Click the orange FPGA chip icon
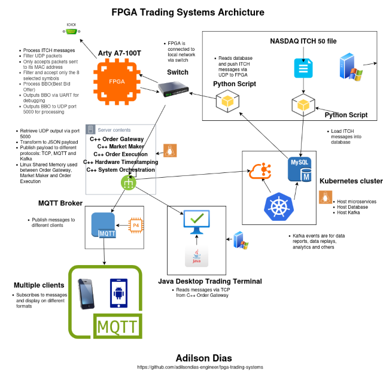[x=117, y=81]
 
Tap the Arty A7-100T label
[x=120, y=53]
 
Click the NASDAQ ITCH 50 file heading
[x=303, y=41]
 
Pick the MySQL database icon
[x=300, y=169]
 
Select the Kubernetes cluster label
[x=351, y=180]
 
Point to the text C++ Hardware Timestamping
[x=121, y=162]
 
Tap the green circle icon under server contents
[x=127, y=185]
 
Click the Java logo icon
[x=196, y=256]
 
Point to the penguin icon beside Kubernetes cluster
[x=326, y=197]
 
